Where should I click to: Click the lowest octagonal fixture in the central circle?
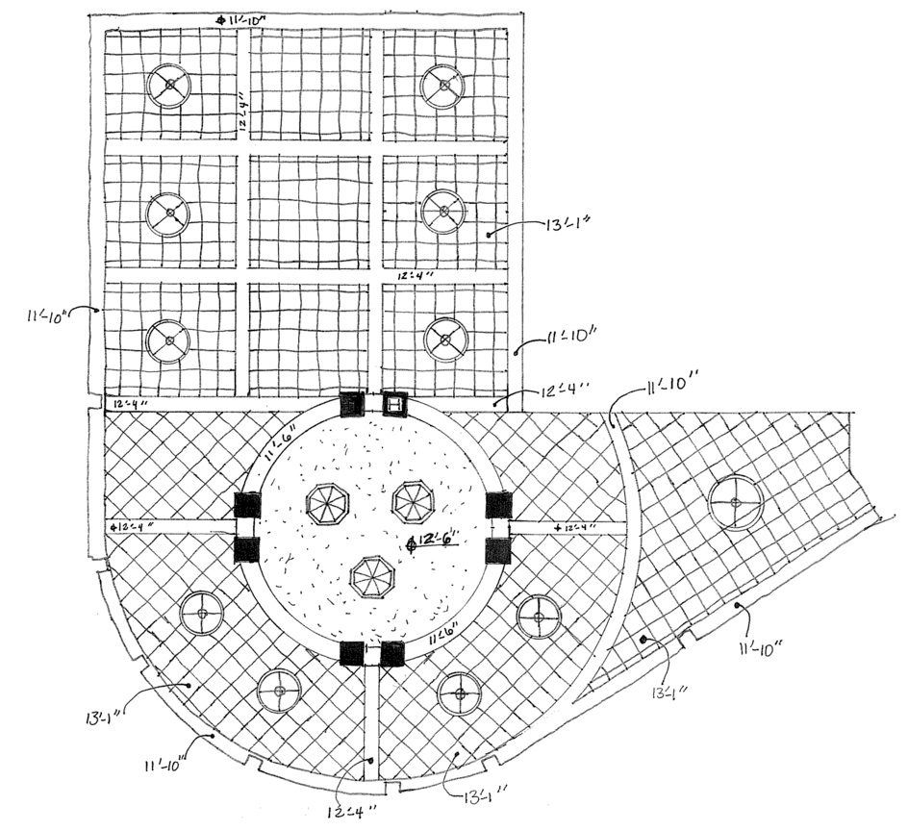tap(370, 577)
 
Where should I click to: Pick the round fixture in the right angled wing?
tap(736, 502)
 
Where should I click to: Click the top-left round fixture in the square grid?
tap(168, 87)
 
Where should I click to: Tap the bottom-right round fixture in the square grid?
tap(446, 339)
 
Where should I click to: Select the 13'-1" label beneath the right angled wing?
tap(668, 691)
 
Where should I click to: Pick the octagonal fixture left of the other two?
tap(327, 504)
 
